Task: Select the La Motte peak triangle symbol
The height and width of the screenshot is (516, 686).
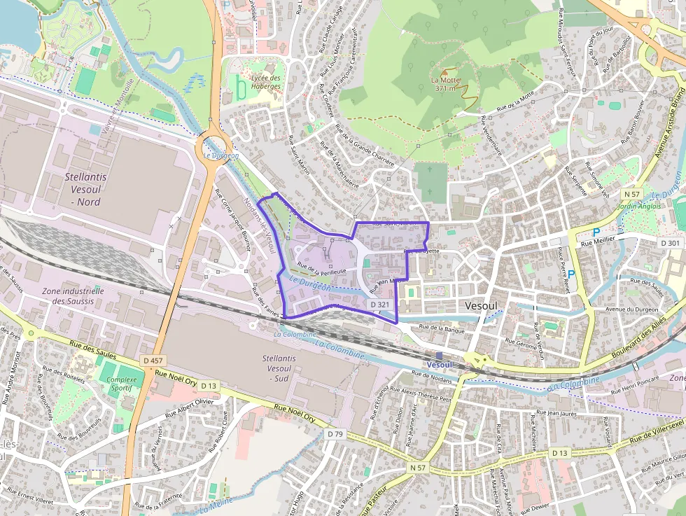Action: point(444,71)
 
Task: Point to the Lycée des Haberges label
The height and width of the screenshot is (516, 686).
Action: point(265,82)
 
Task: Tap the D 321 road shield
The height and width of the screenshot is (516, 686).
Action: point(379,305)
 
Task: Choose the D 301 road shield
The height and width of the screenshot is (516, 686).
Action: point(670,243)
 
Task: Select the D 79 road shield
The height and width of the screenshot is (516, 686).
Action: point(335,434)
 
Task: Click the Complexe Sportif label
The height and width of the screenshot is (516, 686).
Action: point(122,383)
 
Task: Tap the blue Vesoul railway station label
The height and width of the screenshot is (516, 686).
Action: point(439,365)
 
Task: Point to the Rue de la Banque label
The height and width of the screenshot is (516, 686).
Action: point(442,328)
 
